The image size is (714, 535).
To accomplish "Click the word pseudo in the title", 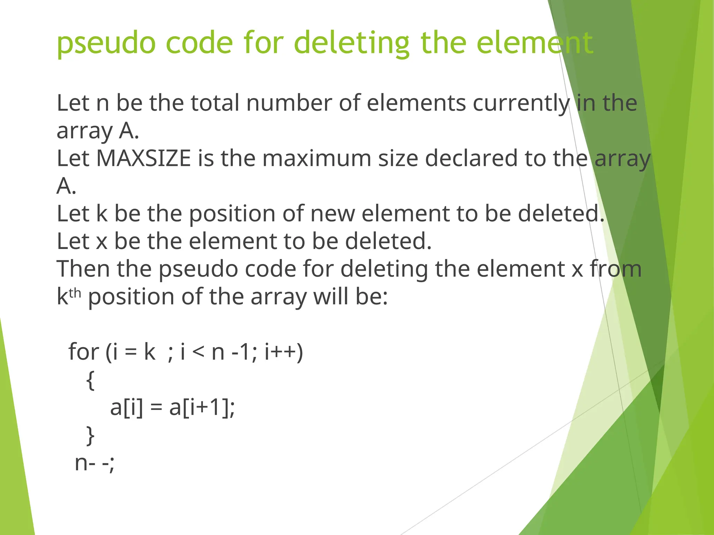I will pyautogui.click(x=106, y=43).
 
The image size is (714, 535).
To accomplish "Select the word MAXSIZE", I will pyautogui.click(x=143, y=158).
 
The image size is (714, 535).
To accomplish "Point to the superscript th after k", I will pyautogui.click(x=75, y=293).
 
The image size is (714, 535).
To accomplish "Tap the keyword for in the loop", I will pyautogui.click(x=84, y=352).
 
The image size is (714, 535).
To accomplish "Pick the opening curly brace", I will pyautogui.click(x=90, y=380).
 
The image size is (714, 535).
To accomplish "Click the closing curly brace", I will pyautogui.click(x=90, y=435).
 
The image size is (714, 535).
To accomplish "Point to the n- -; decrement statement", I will pyautogui.click(x=94, y=463).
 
